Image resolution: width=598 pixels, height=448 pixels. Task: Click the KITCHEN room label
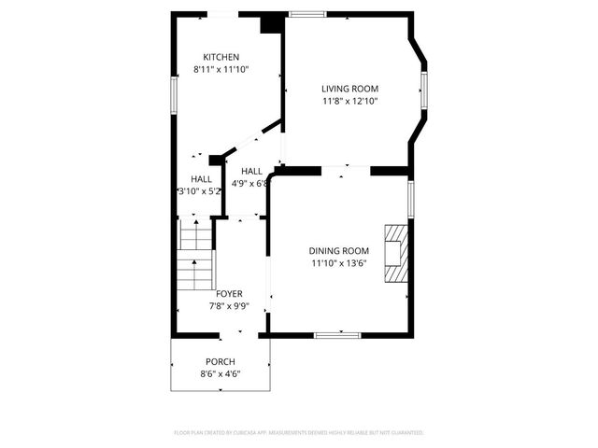click(222, 57)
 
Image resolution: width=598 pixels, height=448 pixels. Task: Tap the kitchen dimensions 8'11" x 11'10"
click(222, 69)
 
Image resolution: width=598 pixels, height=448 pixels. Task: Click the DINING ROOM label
click(339, 250)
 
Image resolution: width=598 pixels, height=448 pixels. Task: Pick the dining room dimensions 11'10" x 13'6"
click(339, 262)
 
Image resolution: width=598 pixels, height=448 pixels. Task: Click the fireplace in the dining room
click(397, 252)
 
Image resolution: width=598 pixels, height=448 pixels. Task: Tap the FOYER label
click(229, 293)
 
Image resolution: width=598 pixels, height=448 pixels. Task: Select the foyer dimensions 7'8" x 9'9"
click(229, 305)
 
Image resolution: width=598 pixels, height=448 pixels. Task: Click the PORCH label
click(221, 361)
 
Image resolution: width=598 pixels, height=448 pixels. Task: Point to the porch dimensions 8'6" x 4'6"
click(221, 373)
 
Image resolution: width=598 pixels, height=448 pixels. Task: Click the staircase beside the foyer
click(196, 260)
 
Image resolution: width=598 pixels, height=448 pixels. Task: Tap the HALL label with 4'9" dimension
click(251, 172)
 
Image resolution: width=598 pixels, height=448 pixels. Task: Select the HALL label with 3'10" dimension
click(201, 179)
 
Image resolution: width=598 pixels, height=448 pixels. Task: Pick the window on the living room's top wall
click(306, 14)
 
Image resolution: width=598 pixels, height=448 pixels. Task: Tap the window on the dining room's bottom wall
click(338, 333)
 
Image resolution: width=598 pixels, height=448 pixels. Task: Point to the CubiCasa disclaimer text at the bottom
click(299, 432)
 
